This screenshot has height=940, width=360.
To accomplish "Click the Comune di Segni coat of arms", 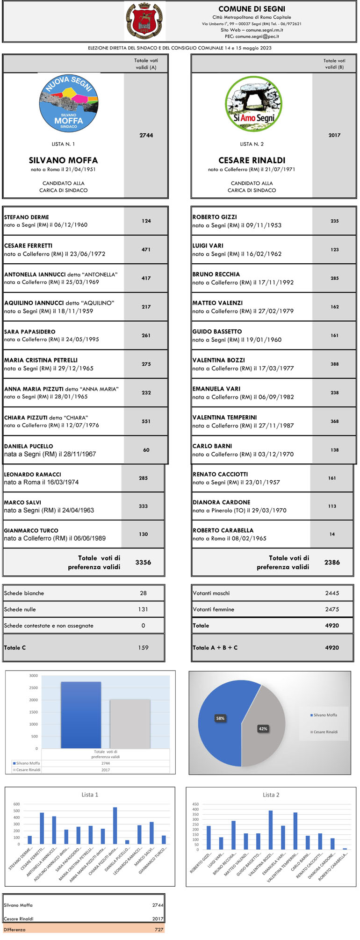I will (145, 21).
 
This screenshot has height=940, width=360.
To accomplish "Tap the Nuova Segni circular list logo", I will (69, 103).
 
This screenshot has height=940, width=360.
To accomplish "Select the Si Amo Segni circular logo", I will (253, 104).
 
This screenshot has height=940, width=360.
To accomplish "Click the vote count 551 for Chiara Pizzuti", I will (146, 421).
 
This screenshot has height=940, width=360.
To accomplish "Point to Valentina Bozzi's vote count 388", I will (335, 364).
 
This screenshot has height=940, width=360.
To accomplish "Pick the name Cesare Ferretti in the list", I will (29, 246).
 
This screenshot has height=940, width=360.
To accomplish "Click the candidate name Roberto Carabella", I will (223, 530).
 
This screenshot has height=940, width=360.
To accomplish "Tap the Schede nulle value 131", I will (143, 609).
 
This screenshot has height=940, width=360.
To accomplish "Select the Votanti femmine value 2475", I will (332, 609).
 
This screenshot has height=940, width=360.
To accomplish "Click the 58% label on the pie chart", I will (220, 718).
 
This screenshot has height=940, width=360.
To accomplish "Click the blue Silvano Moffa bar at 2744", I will (81, 716).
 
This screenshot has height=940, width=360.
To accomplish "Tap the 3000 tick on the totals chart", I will (34, 676).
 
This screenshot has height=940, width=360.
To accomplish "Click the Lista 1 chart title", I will (90, 795).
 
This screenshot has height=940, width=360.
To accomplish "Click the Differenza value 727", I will (159, 930).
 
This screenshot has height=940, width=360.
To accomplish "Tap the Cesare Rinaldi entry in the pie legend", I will (325, 732).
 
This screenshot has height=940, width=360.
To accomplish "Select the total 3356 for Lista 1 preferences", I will (143, 562).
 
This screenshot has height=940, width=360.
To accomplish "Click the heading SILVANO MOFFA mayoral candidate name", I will (64, 160).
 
